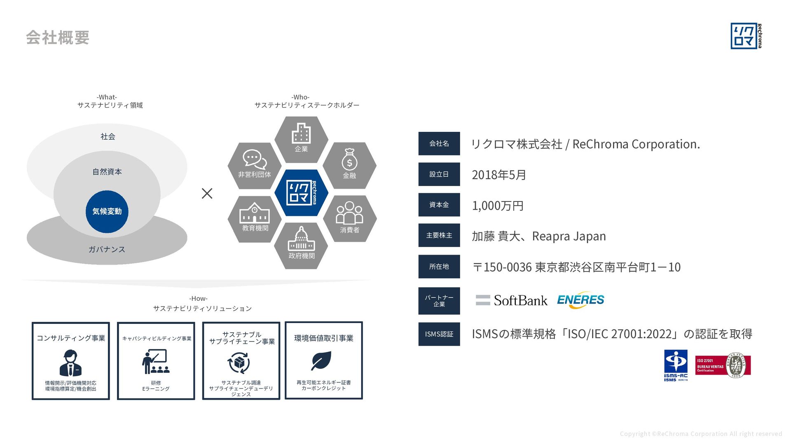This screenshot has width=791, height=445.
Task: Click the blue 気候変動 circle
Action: point(107,211)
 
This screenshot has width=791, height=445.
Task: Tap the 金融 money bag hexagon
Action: point(349,165)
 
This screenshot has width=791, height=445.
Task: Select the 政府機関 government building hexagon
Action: point(301,246)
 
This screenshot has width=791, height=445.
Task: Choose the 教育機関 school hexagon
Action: point(255,218)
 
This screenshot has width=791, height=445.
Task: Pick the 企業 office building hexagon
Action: point(301,139)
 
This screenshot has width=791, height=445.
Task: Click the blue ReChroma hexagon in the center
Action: point(301,192)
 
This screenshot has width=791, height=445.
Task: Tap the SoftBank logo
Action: point(512,300)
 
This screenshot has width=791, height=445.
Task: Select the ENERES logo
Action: point(580,300)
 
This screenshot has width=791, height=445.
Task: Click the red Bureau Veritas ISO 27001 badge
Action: point(723,365)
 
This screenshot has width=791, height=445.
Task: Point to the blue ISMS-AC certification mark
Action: point(676,365)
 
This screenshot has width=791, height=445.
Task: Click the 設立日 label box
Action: point(439,174)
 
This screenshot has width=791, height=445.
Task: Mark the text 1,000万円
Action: point(498,206)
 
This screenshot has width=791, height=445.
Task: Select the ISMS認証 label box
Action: point(439,334)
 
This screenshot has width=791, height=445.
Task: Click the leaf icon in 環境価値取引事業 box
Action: point(321,361)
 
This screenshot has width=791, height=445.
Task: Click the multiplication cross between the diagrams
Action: point(207,193)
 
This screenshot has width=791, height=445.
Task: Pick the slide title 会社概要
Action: point(58,37)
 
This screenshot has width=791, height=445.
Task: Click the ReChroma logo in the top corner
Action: point(746,36)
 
